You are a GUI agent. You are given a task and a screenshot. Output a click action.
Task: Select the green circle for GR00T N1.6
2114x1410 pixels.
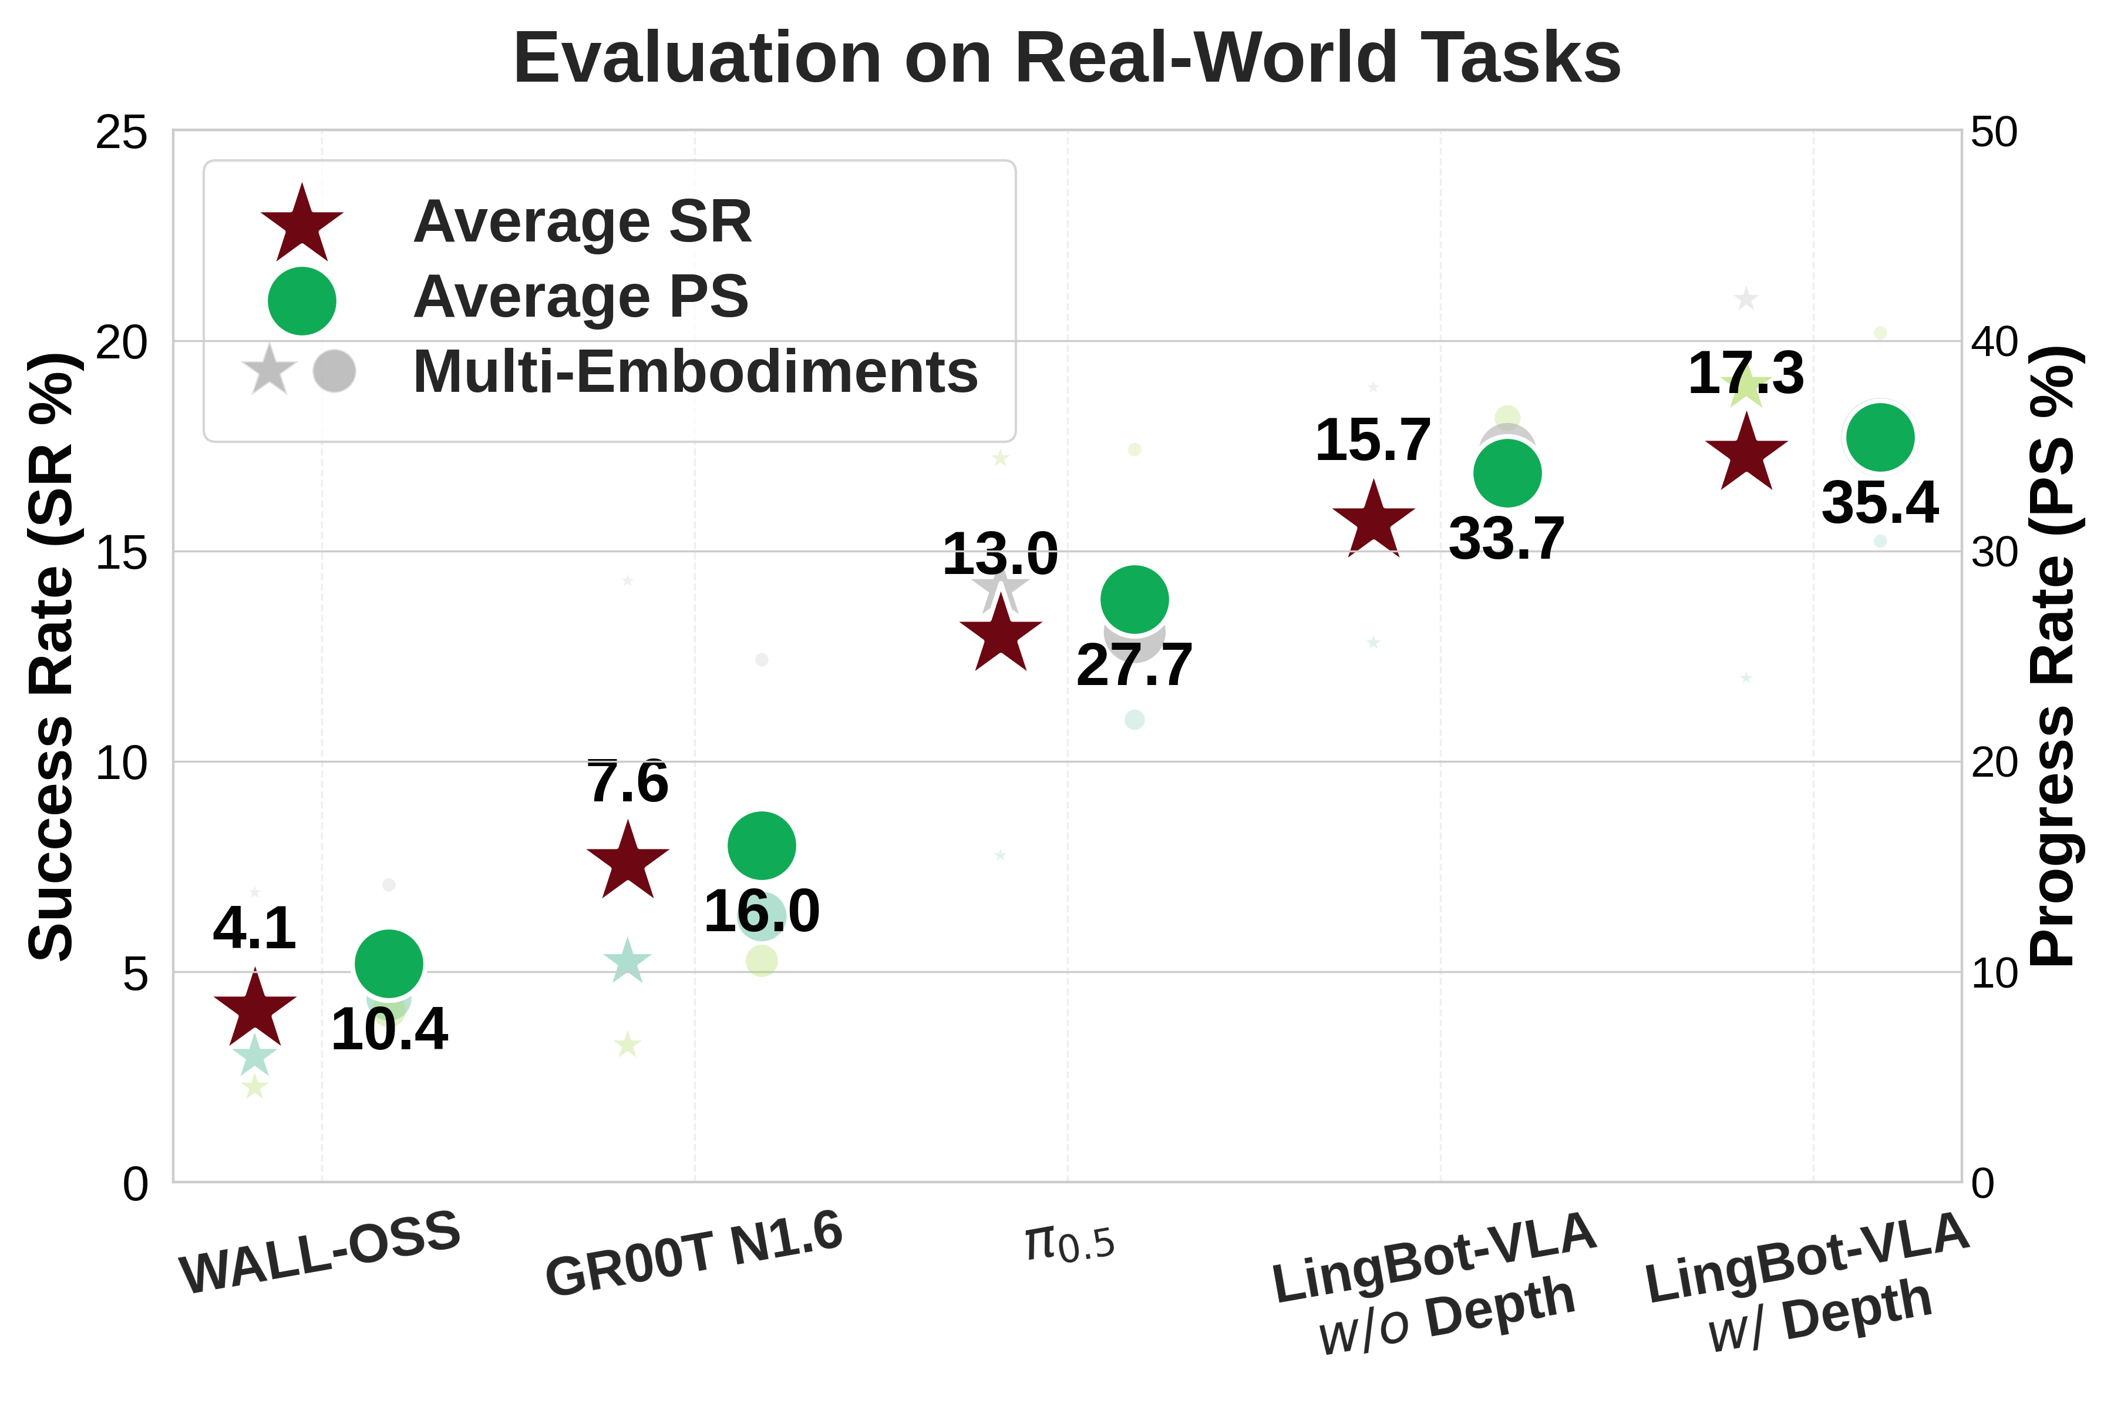[x=761, y=845]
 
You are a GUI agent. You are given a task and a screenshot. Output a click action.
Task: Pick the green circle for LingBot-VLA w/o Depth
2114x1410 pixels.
[x=1507, y=473]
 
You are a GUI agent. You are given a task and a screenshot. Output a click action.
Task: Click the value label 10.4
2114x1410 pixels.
[x=389, y=1030]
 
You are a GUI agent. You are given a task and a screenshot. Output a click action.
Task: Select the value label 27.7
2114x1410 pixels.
[x=1135, y=666]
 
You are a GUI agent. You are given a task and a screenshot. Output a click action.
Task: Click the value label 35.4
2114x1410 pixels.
[x=1880, y=503]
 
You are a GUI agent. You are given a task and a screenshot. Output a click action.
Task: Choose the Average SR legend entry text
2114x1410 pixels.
[x=583, y=221]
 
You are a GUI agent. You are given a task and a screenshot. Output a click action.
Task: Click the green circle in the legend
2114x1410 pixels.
[x=302, y=300]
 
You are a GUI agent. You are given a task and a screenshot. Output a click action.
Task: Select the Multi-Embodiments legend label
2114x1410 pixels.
[x=695, y=371]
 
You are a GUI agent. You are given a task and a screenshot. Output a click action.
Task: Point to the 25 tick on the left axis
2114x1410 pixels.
[x=122, y=133]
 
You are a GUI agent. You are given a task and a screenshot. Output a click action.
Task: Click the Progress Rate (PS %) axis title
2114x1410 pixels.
[x=2053, y=656]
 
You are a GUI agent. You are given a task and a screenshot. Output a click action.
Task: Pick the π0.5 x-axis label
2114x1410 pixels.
[x=1069, y=1244]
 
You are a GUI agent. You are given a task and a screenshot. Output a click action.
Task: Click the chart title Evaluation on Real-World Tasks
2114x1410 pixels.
[x=1067, y=58]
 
